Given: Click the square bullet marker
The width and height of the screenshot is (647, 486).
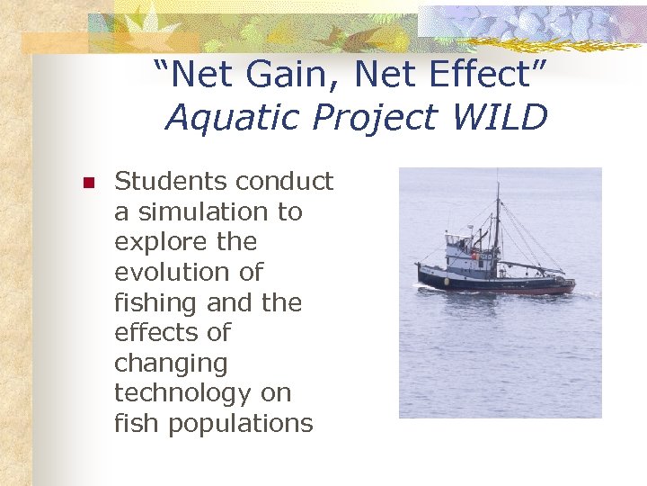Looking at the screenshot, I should click(88, 183).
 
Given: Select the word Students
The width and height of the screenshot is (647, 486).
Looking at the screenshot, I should click(171, 181).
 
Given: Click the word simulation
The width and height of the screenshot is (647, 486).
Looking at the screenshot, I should click(208, 211).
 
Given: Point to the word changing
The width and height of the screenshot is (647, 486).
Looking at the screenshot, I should click(171, 364).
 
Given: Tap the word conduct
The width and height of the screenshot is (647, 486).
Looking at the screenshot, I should click(286, 181).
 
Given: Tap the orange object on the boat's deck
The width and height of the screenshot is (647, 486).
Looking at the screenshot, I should click(474, 256).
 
